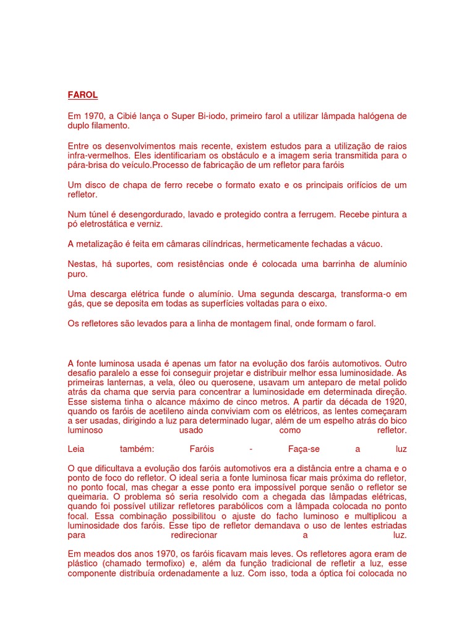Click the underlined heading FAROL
(82, 95)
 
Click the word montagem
(263, 323)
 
